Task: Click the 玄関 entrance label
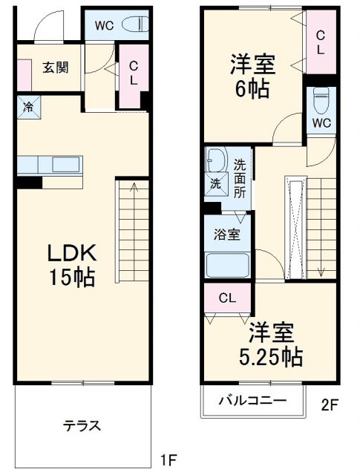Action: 55,68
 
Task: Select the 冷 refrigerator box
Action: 27,105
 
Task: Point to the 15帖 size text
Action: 71,278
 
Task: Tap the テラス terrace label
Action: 82,426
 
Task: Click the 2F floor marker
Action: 330,405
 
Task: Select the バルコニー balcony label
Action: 252,401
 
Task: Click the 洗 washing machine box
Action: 215,183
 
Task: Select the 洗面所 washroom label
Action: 240,178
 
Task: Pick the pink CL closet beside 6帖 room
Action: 320,42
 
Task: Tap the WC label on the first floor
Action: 105,25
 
